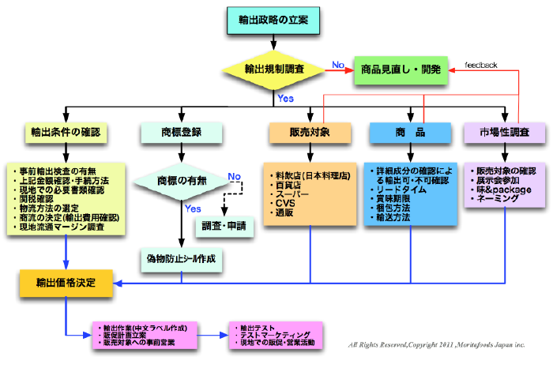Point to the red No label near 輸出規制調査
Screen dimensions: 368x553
pyautogui.click(x=338, y=64)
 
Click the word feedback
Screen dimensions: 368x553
pyautogui.click(x=480, y=65)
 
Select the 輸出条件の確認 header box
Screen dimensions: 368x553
pyautogui.click(x=65, y=130)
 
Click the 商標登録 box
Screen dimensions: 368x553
pyautogui.click(x=181, y=130)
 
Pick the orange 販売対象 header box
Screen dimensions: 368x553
pyautogui.click(x=310, y=130)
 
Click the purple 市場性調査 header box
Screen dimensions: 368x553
pyautogui.click(x=505, y=130)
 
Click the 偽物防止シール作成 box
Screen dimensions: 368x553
pyautogui.click(x=182, y=258)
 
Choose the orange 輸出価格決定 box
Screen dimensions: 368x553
pyautogui.click(x=66, y=282)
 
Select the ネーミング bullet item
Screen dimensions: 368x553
pyautogui.click(x=498, y=200)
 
